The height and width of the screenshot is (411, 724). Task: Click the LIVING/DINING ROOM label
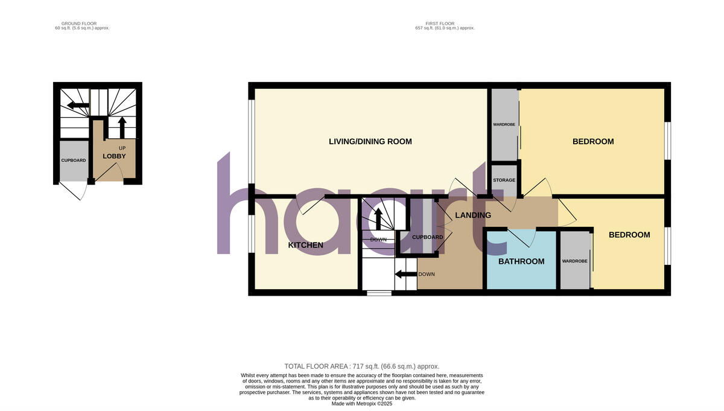tap(370, 142)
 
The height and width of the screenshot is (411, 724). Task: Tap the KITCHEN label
tap(305, 246)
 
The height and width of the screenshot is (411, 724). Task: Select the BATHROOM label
tap(521, 262)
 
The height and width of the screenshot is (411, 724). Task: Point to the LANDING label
tap(473, 215)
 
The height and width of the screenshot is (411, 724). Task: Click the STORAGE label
tap(504, 180)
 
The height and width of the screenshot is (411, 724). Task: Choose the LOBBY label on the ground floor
tap(114, 156)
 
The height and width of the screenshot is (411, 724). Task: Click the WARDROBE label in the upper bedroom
tap(503, 124)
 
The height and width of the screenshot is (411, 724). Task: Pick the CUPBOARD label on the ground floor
tap(74, 161)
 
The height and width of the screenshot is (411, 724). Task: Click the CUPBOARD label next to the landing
tap(427, 237)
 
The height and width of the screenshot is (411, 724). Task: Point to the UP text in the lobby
tap(122, 147)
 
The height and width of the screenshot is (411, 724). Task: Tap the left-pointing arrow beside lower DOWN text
tap(405, 275)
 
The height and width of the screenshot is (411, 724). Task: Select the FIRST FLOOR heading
tap(445, 24)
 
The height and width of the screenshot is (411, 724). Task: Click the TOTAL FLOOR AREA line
tap(362, 366)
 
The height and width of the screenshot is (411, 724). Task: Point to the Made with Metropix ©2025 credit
tap(362, 403)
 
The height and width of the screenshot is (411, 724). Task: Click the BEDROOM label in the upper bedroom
tap(593, 142)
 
